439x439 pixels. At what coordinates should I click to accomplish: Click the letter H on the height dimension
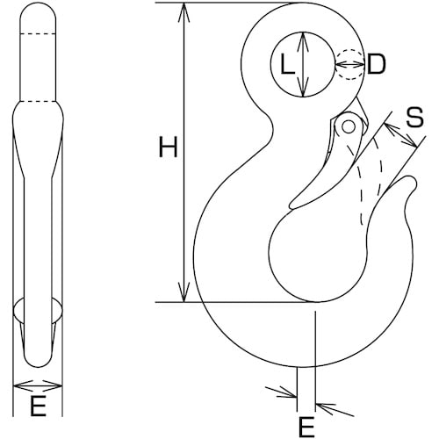coord(167,148)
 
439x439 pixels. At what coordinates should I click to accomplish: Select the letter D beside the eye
coord(376,64)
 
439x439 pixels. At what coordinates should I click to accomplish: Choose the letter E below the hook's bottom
coord(306,427)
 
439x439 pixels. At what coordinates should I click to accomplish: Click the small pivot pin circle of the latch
coord(349,127)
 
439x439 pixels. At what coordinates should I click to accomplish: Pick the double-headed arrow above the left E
coord(39,385)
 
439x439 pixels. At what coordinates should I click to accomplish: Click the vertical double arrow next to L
coord(302,64)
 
